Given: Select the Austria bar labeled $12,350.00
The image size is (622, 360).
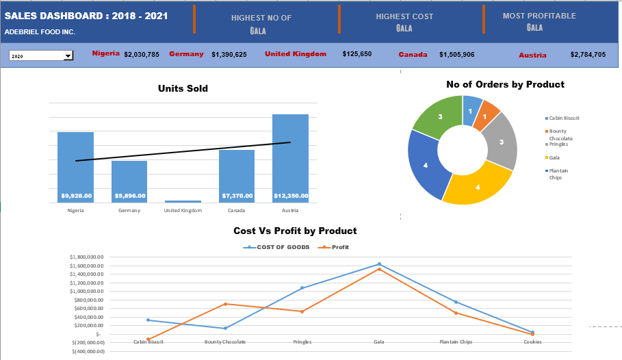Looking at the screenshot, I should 290,158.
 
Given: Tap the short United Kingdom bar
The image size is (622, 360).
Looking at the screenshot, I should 183,201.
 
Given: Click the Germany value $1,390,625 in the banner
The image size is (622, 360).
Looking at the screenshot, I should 229,54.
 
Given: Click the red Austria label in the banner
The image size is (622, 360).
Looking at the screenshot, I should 532,55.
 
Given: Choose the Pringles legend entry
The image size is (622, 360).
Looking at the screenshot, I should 558,144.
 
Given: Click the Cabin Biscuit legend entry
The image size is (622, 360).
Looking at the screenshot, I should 564,118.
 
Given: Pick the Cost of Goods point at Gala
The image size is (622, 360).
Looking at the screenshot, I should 379,264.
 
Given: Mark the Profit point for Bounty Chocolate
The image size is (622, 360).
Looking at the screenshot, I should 225,304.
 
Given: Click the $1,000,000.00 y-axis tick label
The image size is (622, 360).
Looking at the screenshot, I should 87,291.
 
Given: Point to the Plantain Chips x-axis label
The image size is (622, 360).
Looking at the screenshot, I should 456,342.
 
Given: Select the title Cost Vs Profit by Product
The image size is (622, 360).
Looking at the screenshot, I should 295,231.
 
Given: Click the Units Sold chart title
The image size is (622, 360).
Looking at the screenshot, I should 183,88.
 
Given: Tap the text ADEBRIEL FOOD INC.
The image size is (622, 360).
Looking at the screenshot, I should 40,31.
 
